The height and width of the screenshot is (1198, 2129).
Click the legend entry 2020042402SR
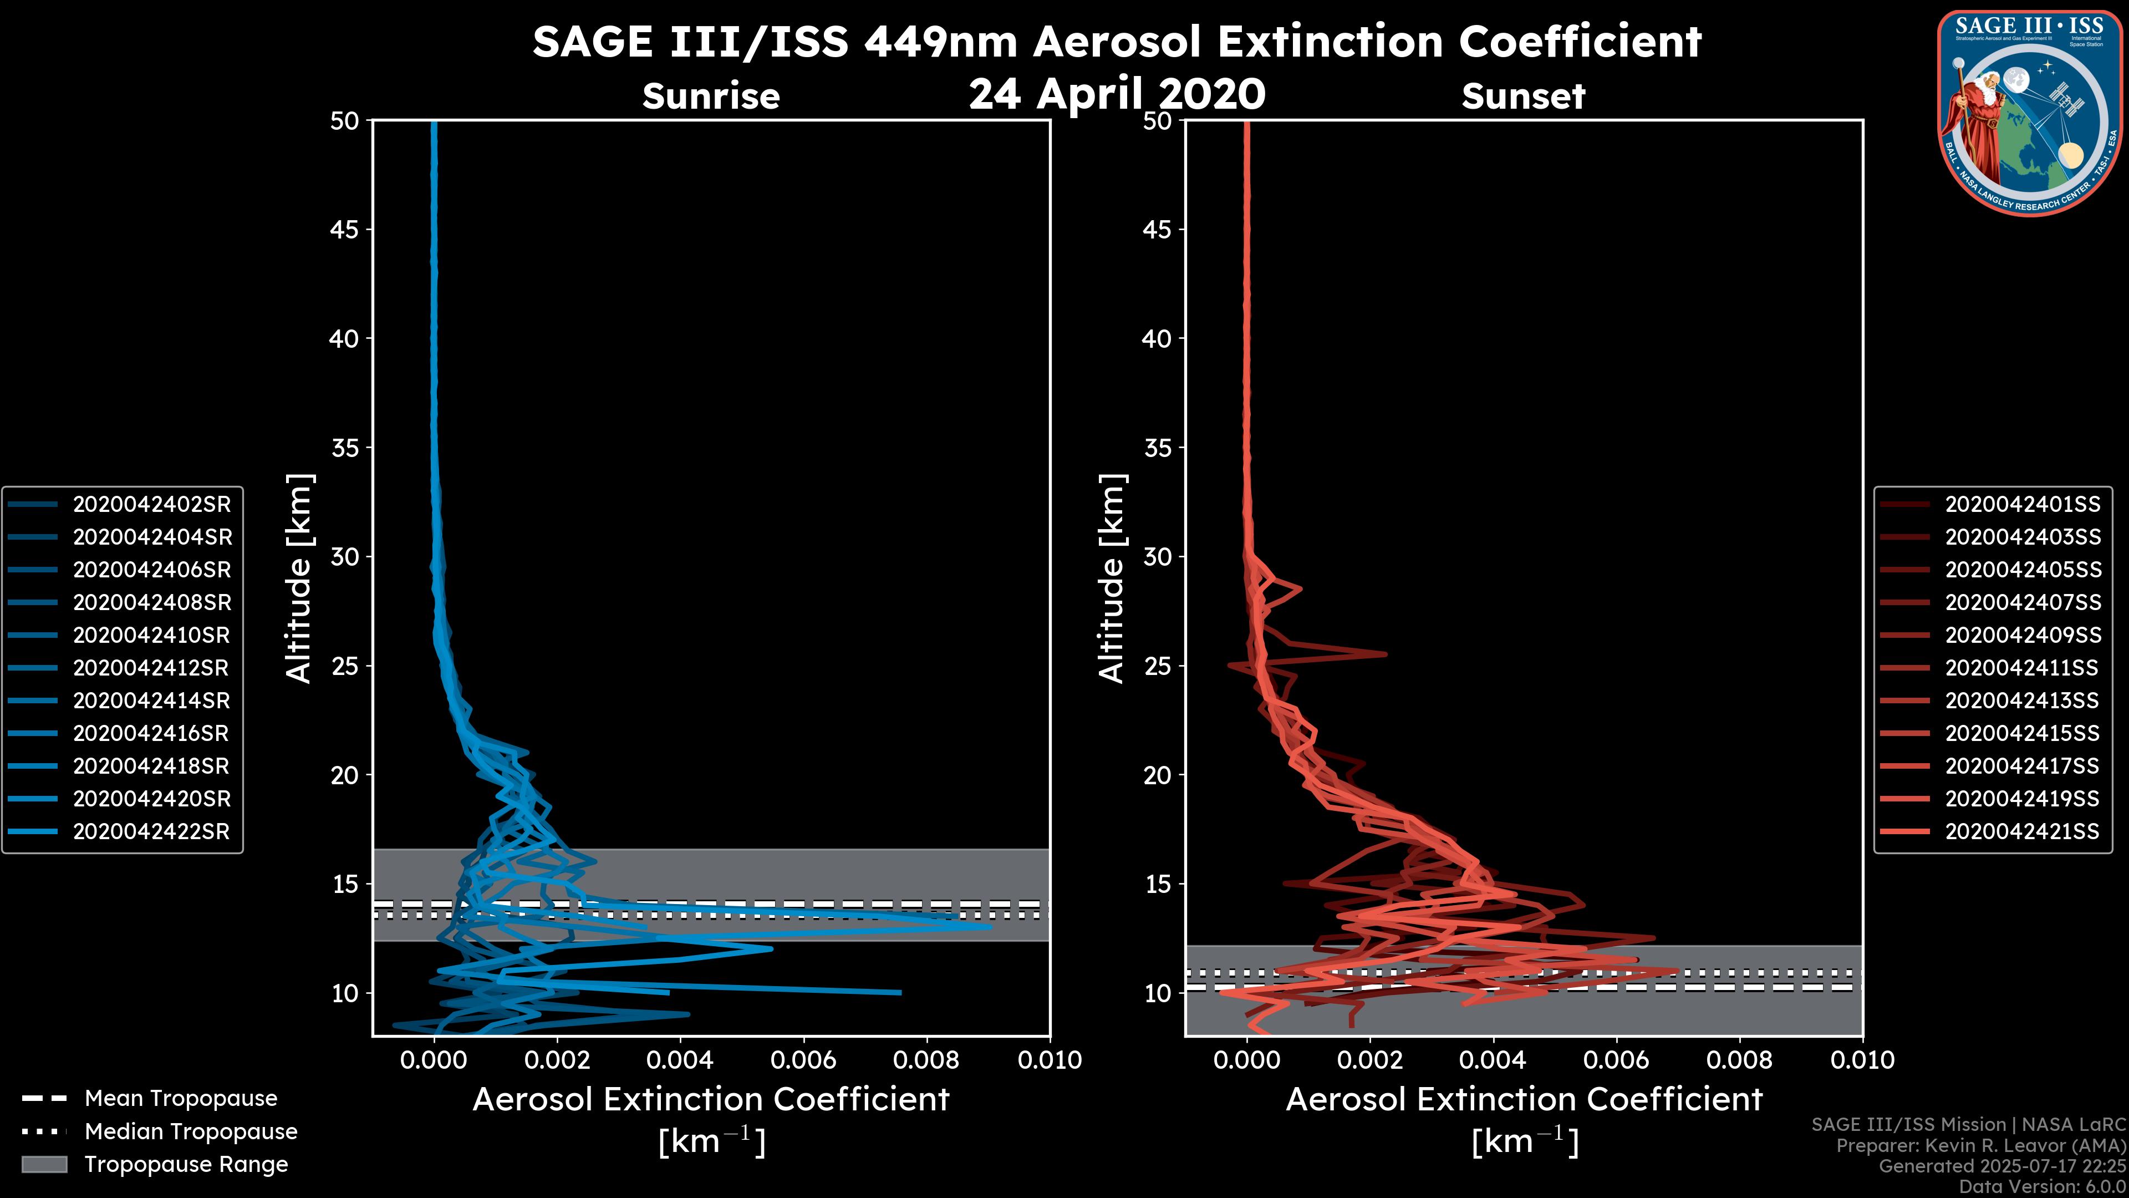(152, 504)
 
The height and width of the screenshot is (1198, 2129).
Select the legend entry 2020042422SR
(151, 832)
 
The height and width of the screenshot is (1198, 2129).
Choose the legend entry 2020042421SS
(2021, 832)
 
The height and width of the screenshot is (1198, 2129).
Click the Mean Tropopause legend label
(181, 1099)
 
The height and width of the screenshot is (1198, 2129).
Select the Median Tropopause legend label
(191, 1132)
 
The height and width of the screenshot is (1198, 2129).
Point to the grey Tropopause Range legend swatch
(44, 1165)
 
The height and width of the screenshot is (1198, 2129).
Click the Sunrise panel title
(711, 97)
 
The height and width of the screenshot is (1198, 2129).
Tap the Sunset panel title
(1523, 97)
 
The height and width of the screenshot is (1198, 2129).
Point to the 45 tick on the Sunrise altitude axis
(345, 230)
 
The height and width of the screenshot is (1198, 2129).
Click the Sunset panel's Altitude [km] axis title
(1112, 578)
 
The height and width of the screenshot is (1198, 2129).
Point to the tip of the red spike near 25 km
(1385, 654)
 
